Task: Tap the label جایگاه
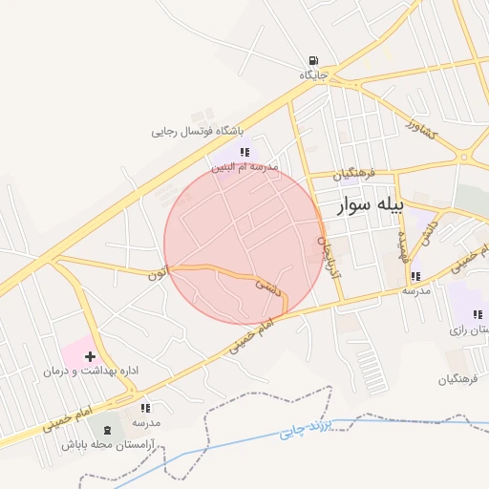[313, 74]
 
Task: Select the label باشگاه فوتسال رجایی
[197, 131]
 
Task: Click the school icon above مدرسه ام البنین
[245, 151]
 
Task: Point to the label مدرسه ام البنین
[244, 166]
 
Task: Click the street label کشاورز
[420, 127]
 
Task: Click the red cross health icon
[90, 355]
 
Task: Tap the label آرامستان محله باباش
[101, 444]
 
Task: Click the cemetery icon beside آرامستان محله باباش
[106, 430]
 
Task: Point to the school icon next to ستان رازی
[478, 314]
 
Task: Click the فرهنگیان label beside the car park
[457, 379]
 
